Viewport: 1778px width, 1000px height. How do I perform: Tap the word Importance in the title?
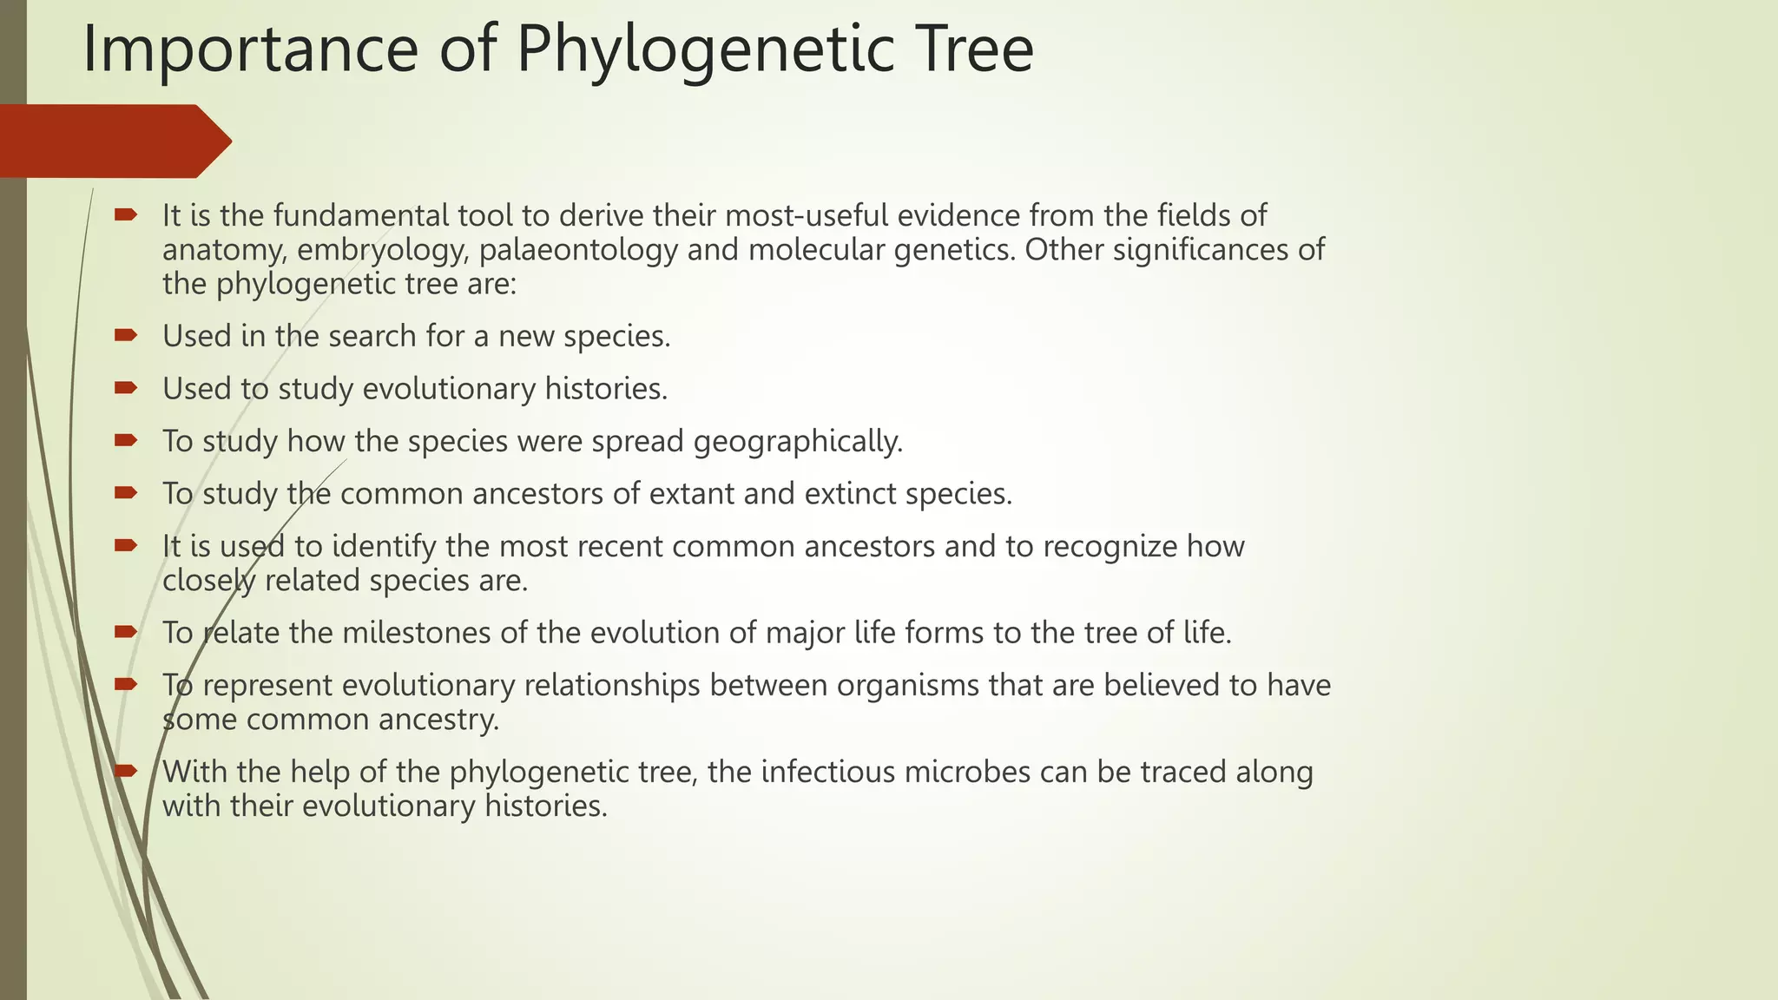(x=250, y=50)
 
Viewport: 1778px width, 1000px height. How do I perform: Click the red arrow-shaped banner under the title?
(x=113, y=141)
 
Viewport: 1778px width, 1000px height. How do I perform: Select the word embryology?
(x=383, y=251)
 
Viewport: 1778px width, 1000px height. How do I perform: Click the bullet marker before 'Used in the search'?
(x=126, y=335)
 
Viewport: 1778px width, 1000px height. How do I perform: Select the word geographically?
(x=798, y=442)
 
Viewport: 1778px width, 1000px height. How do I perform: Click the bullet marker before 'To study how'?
(x=126, y=440)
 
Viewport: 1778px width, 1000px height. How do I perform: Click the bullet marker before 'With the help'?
(x=126, y=770)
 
